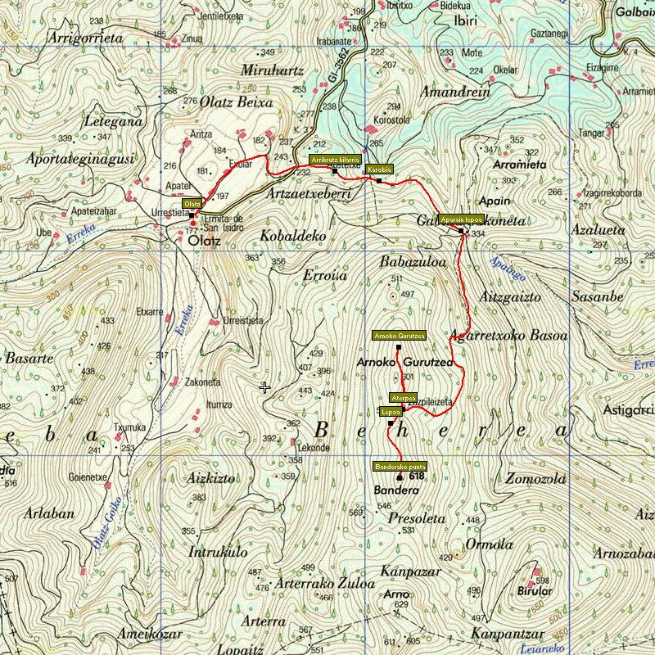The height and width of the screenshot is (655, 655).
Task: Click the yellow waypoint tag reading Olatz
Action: [x=192, y=203]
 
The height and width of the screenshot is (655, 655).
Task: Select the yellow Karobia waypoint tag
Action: [x=379, y=169]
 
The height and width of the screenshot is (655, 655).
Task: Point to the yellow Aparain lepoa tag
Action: [x=459, y=220]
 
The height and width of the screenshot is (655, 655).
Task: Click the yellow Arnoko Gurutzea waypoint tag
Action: [x=399, y=336]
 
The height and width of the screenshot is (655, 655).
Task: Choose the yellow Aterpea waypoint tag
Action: [x=403, y=398]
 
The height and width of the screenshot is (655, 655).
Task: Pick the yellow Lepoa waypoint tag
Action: [x=391, y=412]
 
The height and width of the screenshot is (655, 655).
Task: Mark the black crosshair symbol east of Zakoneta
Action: [x=264, y=387]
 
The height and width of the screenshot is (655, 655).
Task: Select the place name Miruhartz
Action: [x=268, y=70]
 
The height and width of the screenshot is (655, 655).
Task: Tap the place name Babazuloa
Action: [x=413, y=263]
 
